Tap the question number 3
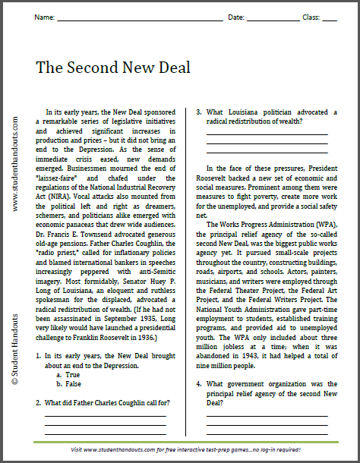point(199,112)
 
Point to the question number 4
point(199,383)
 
